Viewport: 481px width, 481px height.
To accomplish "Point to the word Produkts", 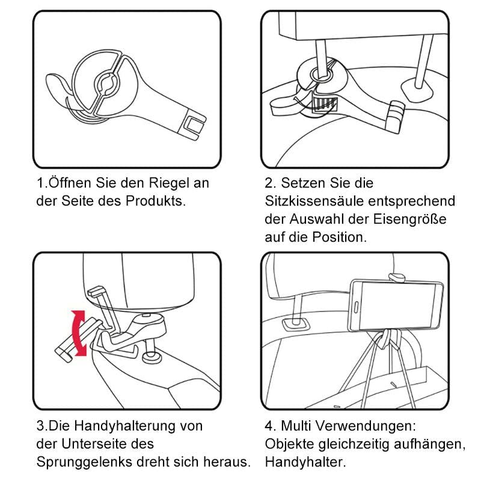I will [x=156, y=201].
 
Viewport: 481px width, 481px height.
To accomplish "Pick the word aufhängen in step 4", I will [x=416, y=444].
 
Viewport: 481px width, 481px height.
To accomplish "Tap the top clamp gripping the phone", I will [x=396, y=276].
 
